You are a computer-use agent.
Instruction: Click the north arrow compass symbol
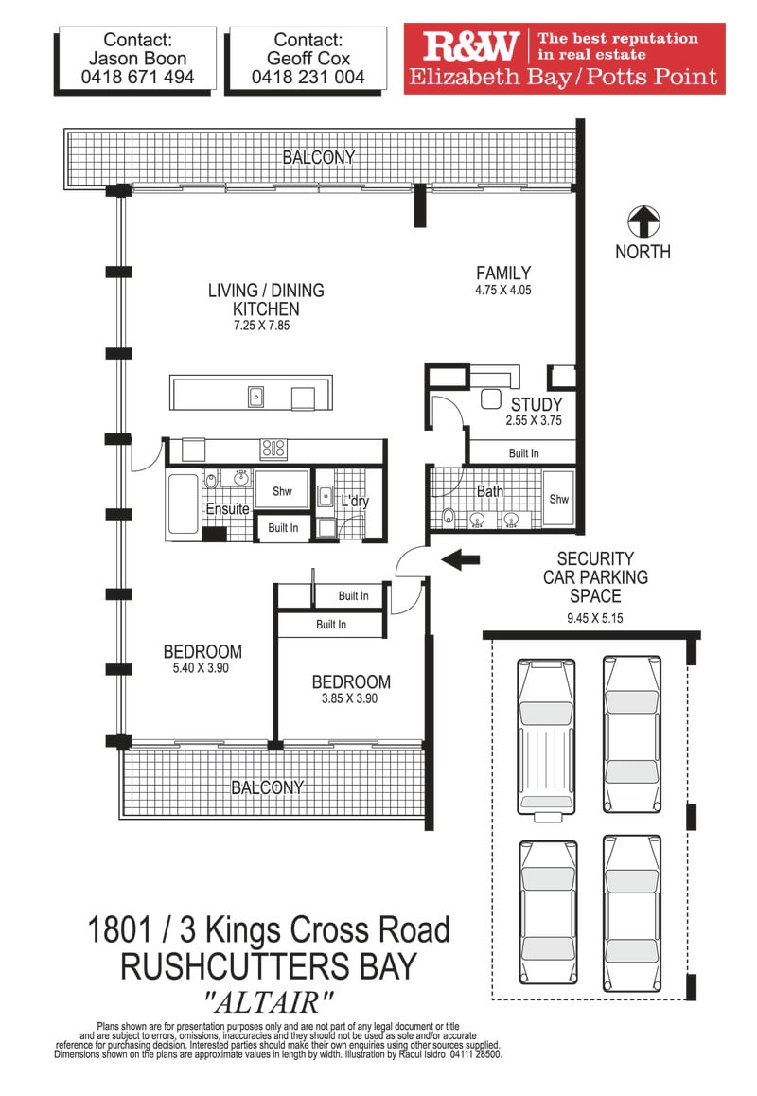643,222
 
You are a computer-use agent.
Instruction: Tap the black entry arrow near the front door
461,559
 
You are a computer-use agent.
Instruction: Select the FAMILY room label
503,274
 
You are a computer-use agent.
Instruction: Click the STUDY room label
537,405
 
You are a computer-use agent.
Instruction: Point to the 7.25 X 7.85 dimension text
261,326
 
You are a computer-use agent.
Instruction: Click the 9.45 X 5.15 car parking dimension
595,618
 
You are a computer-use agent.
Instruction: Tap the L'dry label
355,501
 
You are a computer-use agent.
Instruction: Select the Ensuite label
227,509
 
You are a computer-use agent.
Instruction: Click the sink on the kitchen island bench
256,397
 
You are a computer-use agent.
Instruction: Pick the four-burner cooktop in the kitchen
273,449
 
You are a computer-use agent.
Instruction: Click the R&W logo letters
470,46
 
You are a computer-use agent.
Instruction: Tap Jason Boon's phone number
138,77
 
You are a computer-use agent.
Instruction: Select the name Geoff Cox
308,58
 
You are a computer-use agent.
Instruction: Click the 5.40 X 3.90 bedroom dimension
202,668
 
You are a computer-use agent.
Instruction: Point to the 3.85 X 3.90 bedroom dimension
349,698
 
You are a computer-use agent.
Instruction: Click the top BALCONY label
319,157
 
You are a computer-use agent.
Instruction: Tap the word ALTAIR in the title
269,1003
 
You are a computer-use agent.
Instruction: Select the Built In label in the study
523,453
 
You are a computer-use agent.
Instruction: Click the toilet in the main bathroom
448,518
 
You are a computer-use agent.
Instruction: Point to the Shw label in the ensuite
282,491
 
